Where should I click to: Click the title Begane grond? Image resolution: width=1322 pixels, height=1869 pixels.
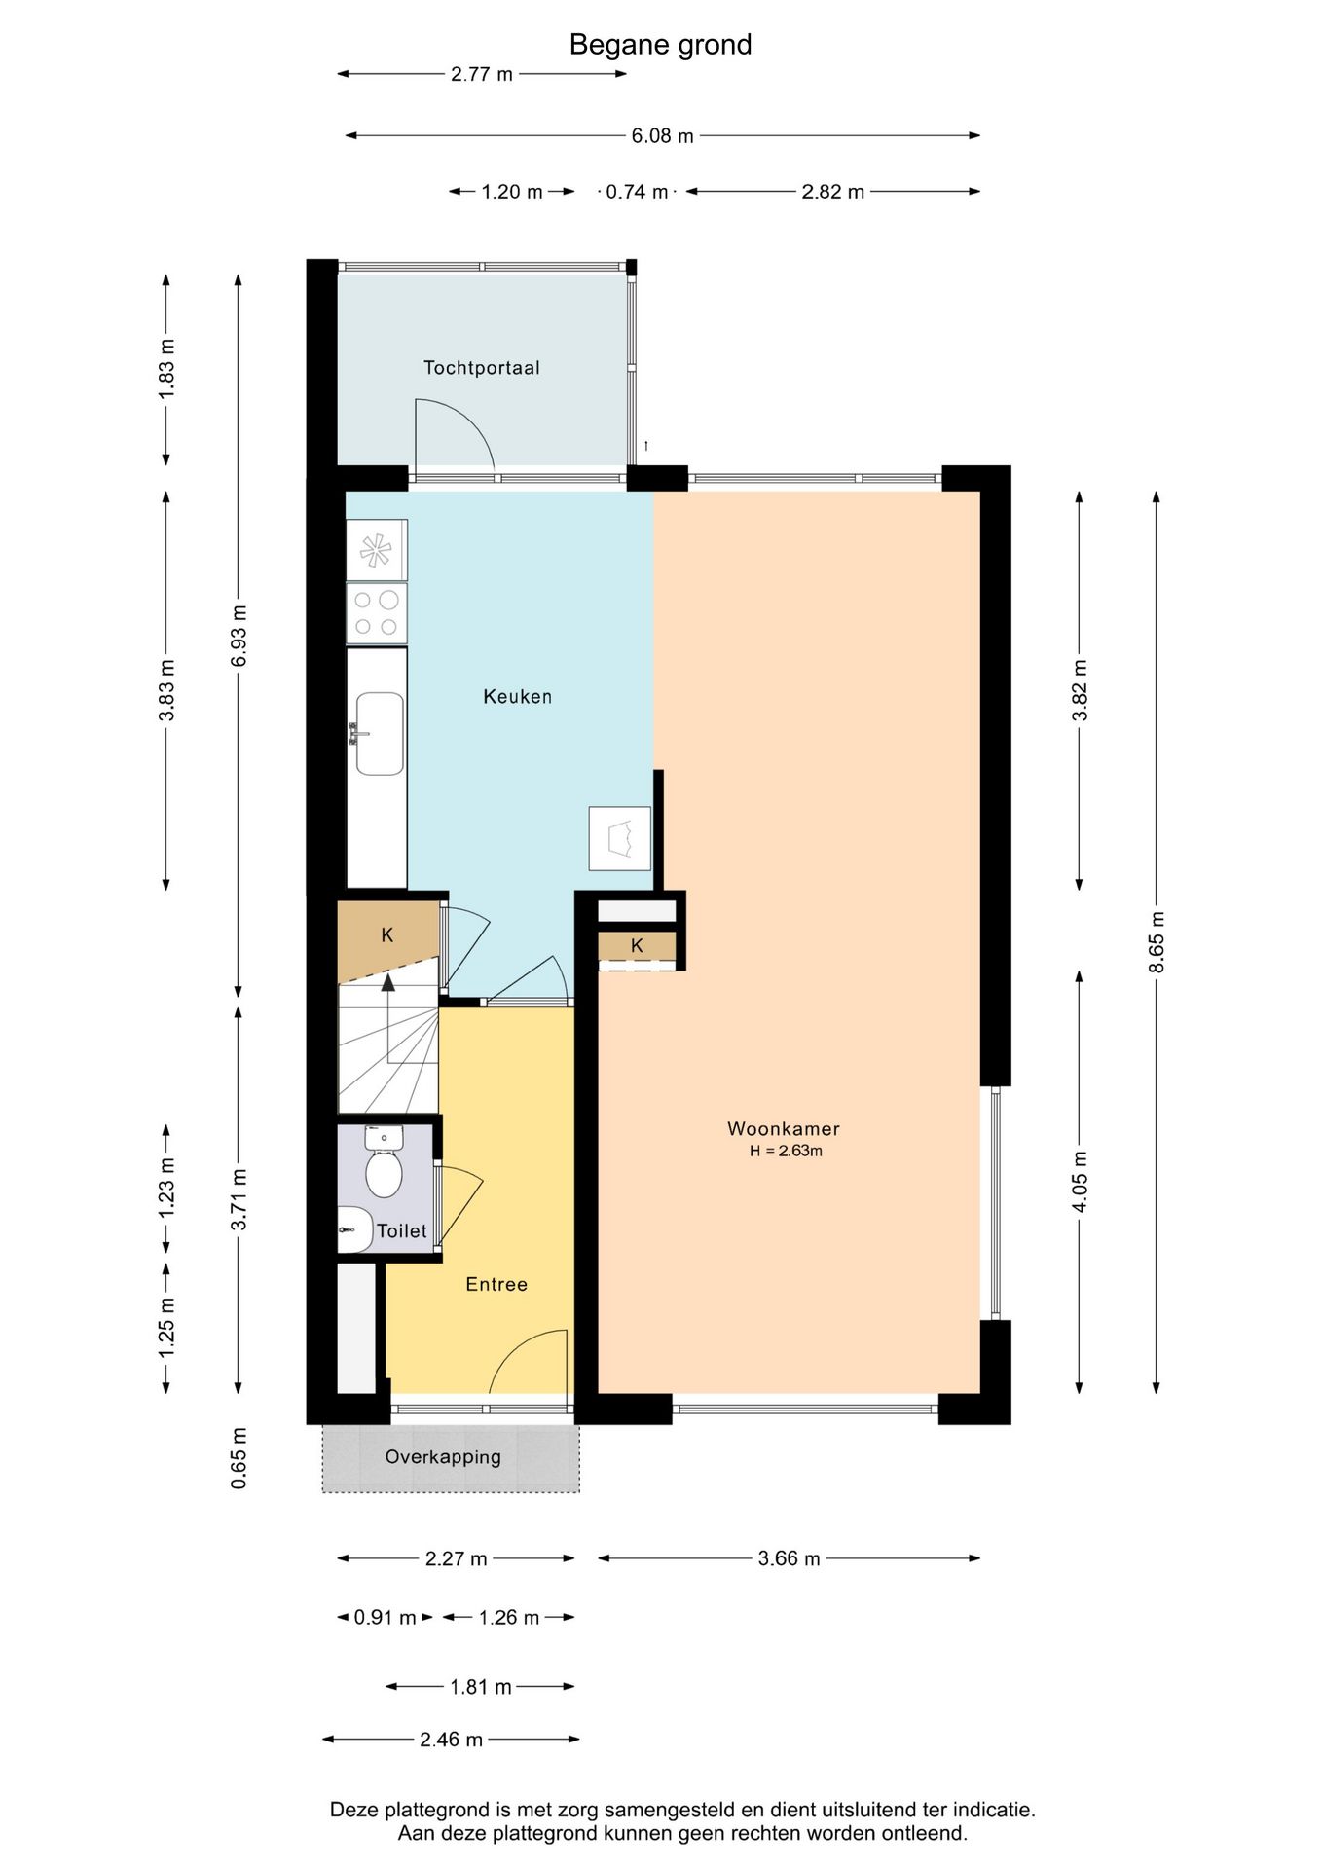[x=660, y=45]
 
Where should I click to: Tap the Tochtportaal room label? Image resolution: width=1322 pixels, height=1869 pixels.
[x=481, y=368]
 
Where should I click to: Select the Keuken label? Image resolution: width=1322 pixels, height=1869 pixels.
[x=517, y=696]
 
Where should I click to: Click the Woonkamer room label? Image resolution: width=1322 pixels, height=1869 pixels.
[x=783, y=1129]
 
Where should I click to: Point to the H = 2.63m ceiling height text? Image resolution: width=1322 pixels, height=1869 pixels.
[x=786, y=1151]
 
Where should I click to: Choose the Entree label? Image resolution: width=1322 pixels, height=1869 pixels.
[x=496, y=1284]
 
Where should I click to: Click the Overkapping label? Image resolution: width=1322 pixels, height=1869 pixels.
[x=443, y=1457]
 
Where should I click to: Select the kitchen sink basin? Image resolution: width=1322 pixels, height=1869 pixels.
[x=380, y=734]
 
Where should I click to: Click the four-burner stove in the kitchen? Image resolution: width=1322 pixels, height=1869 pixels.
[x=377, y=613]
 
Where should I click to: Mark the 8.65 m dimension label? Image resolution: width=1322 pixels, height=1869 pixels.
[x=1156, y=941]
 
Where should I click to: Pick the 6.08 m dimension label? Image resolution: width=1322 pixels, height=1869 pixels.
[x=662, y=136]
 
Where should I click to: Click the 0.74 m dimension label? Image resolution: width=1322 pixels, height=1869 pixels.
[x=637, y=192]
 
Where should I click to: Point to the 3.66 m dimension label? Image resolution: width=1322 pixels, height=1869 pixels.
[x=789, y=1558]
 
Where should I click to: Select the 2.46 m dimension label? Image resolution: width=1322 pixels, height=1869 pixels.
[x=451, y=1740]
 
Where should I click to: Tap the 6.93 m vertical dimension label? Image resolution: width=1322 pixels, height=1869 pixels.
[x=239, y=636]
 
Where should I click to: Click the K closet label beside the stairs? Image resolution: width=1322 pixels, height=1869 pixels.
[x=387, y=935]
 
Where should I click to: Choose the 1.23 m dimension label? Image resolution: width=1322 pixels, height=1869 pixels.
[x=166, y=1186]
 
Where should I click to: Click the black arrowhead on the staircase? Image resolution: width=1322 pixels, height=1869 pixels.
[x=388, y=981]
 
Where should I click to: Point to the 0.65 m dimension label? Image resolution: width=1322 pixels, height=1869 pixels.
[x=239, y=1457]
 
